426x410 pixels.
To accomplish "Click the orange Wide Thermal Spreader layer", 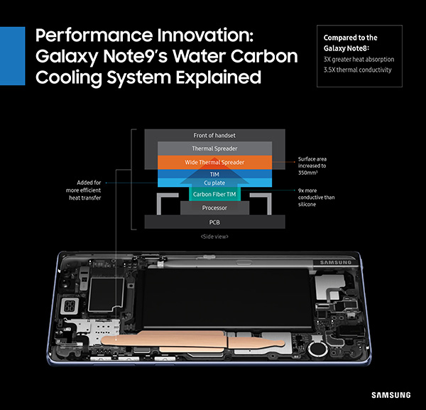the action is [214, 162].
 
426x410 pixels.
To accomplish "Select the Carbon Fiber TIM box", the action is [214, 194].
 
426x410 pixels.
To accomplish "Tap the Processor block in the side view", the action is [214, 208].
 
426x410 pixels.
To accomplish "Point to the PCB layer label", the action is [214, 222].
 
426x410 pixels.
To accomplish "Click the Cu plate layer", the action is [214, 183].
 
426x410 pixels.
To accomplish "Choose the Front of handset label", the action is [214, 136].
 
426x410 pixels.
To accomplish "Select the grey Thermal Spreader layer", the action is [214, 149].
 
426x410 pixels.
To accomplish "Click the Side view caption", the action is [214, 237].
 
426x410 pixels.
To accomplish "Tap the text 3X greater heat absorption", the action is [359, 60].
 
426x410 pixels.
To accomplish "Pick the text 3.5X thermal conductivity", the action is [358, 70].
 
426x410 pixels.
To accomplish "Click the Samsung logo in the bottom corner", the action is [391, 395].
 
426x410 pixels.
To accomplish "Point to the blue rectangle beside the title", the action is [13, 55].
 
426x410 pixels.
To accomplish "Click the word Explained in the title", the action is [219, 77].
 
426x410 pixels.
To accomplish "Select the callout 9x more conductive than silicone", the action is [316, 198].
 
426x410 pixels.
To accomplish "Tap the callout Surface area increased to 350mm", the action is [312, 166].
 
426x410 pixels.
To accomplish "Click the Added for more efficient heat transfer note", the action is [83, 190].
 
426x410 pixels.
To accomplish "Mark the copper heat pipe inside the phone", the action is [193, 340].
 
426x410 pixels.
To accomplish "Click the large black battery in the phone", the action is [226, 298].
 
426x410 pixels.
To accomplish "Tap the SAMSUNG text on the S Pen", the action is [336, 262].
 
